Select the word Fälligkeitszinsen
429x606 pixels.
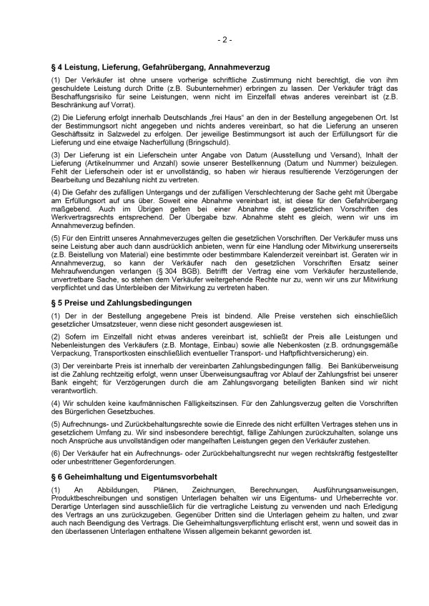click(155, 402)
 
